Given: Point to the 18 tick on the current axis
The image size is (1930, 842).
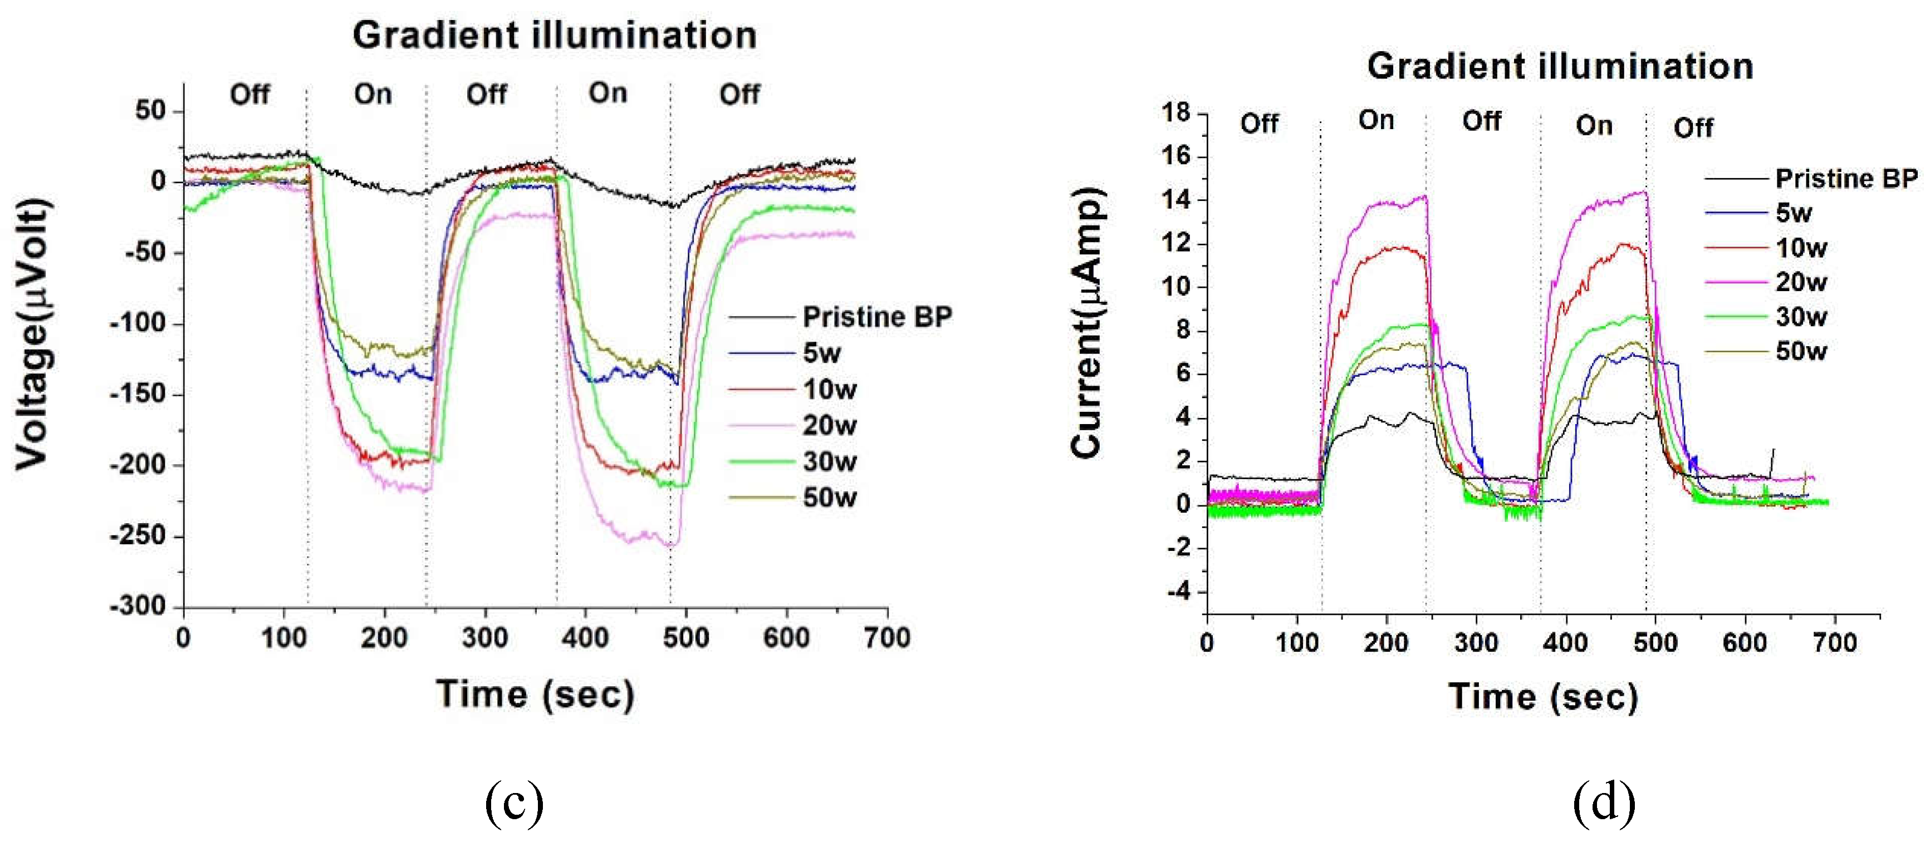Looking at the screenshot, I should [x=1175, y=112].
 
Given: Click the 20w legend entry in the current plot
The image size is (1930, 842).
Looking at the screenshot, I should [x=1800, y=282].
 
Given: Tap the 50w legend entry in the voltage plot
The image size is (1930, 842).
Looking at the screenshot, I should [x=829, y=498].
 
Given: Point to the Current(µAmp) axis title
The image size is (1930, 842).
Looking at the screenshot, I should [x=1086, y=322].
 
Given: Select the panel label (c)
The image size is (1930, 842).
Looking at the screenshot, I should [x=514, y=802].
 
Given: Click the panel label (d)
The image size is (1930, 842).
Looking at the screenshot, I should [x=1604, y=802].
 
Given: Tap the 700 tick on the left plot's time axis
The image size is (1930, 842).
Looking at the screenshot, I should [x=887, y=638].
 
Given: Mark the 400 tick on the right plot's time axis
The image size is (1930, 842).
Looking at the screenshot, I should [x=1565, y=643].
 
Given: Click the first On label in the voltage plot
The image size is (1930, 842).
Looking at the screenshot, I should [x=373, y=95].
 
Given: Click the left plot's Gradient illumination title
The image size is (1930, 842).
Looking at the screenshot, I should [x=555, y=35].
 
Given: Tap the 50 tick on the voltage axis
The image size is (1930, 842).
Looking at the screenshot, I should [x=150, y=110].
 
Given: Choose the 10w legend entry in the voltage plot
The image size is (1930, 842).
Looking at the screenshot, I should [x=829, y=390].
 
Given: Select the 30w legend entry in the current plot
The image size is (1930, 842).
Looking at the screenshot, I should [x=1800, y=317].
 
